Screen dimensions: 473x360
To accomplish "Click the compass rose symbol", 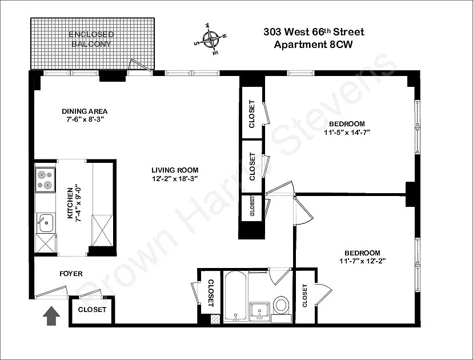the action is coord(210,39).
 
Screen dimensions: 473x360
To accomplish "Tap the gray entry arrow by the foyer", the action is coord(51,316).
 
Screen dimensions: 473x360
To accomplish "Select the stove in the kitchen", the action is coord(45,180).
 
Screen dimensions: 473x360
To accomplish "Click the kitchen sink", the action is coord(46,223).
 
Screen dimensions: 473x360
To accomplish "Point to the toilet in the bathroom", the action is coord(282,305).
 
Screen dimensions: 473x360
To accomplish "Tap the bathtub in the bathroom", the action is coord(235,297).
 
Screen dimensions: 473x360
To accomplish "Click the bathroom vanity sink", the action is coord(259,312).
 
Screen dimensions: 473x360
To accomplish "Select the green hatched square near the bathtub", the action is coord(215,319).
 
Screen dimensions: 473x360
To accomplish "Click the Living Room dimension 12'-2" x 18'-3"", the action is coord(175,178).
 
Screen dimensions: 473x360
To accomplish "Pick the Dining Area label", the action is coord(85,111).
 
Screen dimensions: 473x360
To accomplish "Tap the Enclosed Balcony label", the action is coord(91,39).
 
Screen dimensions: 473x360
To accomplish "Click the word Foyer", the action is coord(71,274).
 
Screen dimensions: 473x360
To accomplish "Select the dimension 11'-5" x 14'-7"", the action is coord(347,132).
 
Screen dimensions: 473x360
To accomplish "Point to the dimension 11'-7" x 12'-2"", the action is coord(363,261).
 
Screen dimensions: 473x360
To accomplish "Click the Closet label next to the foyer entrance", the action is coord(92,310).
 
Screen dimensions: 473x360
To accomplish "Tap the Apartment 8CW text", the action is coord(313,45).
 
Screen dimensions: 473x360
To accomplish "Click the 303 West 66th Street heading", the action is coord(314,31).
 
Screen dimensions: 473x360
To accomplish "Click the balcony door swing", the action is coord(141,65).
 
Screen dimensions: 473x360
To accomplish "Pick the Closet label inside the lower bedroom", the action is coord(304,296).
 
